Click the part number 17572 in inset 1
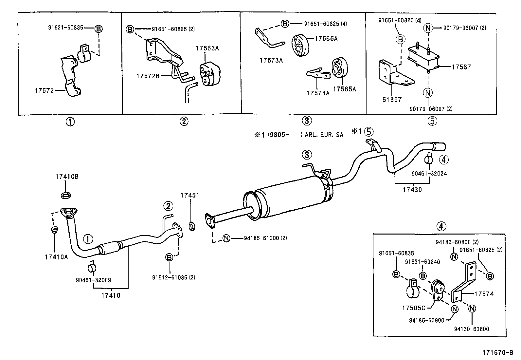tap(44, 91)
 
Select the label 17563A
tap(207, 48)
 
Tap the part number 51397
tap(392, 100)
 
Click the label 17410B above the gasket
tap(67, 177)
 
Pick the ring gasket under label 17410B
tap(66, 196)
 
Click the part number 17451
tap(189, 196)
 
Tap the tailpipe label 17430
tap(412, 189)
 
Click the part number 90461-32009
tap(93, 280)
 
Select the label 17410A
tap(56, 257)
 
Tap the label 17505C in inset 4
tap(414, 308)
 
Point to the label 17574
tap(484, 294)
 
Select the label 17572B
tap(148, 76)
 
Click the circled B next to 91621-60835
tap(98, 28)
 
